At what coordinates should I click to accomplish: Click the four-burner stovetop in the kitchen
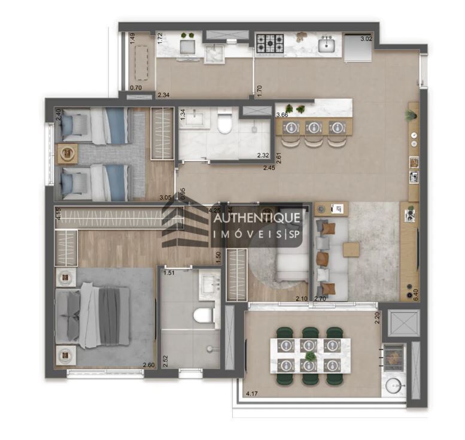point(269,43)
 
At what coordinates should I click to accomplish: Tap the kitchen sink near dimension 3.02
point(326,44)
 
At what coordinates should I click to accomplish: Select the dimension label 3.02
point(366,40)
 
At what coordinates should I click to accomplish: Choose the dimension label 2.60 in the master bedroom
point(148,365)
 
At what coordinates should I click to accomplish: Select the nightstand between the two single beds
point(68,153)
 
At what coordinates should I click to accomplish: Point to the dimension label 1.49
point(132,40)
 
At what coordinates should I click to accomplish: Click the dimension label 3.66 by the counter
point(282,114)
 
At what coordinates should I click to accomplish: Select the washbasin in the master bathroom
point(209,281)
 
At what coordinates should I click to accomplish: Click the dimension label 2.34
point(163,95)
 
